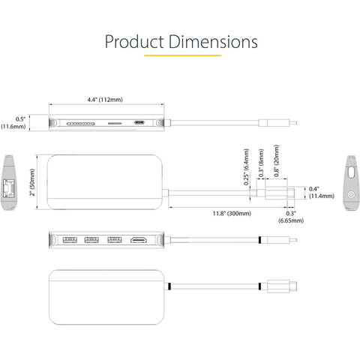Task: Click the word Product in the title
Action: coord(134,41)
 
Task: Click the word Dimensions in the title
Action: coord(213,41)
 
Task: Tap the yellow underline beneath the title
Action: coord(183,55)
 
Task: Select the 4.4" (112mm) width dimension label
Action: coord(105,100)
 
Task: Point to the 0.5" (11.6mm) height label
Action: coord(14,123)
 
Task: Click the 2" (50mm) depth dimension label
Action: coord(32,182)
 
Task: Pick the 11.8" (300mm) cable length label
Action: coord(232,214)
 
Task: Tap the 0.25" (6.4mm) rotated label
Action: coord(246,166)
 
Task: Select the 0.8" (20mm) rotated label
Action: coord(276,160)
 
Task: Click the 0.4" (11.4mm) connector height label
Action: coord(322,193)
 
